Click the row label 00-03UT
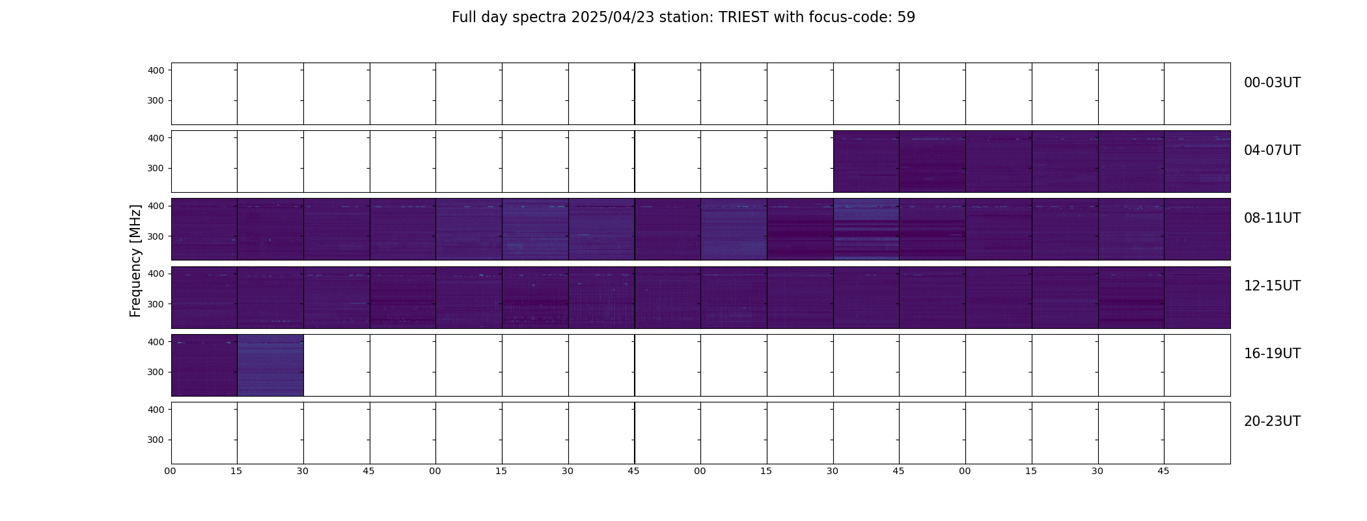1272,83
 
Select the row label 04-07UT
1272,150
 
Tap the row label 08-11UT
1272,218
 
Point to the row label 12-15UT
1272,286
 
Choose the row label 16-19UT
1272,354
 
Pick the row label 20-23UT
1272,421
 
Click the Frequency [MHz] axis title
135,260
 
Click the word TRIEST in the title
743,18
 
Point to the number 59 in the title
906,18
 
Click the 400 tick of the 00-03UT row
156,70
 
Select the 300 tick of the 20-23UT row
156,440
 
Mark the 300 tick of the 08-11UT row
156,236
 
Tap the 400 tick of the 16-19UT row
156,342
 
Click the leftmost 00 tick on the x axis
171,471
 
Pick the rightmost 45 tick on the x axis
1163,471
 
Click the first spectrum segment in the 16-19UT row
204,365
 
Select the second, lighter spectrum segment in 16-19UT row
270,365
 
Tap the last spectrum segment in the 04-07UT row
1197,162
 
